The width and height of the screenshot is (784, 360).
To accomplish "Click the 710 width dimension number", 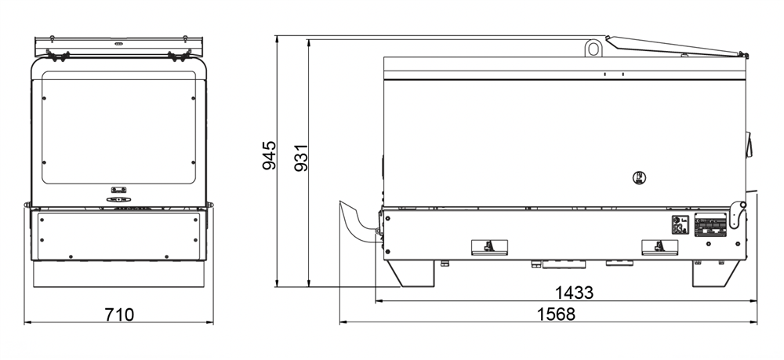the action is (119, 315).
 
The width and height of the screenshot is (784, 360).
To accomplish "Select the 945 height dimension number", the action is (270, 155).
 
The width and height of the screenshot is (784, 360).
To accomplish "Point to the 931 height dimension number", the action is (301, 158).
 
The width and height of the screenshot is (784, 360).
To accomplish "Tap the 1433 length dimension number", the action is (575, 293).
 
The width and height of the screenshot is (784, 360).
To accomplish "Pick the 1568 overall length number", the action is (556, 314).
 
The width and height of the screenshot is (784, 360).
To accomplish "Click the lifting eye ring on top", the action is (593, 48).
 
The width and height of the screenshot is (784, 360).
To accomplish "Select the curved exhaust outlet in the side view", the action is (358, 221).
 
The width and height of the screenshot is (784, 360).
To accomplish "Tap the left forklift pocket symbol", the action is (489, 247).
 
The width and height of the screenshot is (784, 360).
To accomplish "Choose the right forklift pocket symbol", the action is (660, 247).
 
